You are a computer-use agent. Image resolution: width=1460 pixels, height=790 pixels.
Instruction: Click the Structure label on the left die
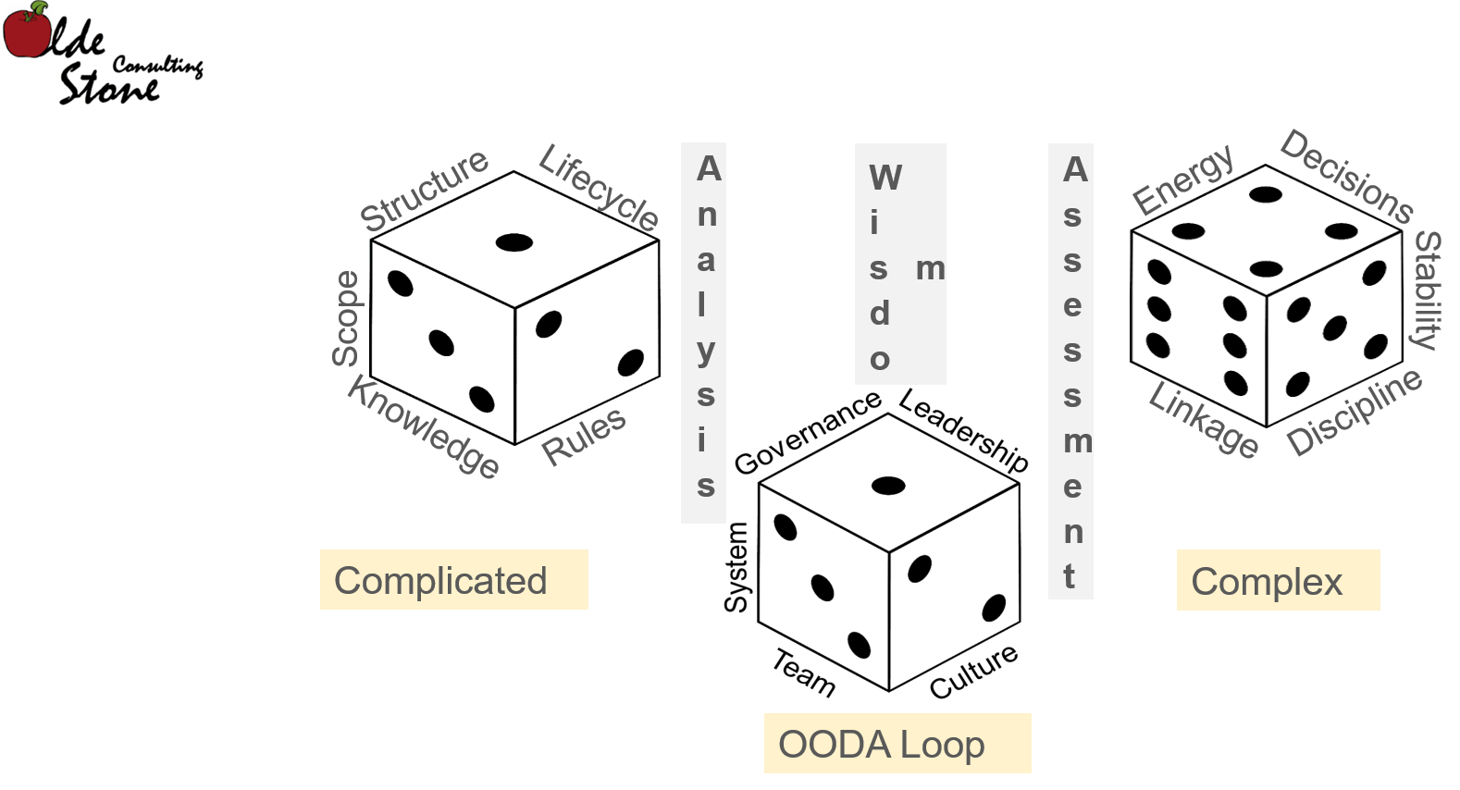pos(425,191)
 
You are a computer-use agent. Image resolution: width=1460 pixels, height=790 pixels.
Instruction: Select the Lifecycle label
pos(599,187)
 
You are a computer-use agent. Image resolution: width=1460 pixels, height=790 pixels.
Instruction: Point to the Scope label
pos(345,319)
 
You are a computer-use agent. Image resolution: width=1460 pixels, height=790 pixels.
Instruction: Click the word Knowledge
pos(423,427)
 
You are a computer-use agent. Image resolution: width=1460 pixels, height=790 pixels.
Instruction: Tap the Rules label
pos(584,436)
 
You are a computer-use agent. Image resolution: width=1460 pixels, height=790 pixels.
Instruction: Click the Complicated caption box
pos(454,579)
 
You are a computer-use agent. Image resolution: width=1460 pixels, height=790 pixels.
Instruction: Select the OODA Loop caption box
pos(897,744)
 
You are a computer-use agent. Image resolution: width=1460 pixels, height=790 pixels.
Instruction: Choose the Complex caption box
pos(1278,580)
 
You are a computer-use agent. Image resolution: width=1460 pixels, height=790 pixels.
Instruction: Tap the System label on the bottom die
pos(736,567)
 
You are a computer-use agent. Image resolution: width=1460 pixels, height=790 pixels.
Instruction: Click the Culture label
pos(973,671)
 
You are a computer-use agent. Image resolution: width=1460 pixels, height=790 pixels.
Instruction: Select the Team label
pos(804,673)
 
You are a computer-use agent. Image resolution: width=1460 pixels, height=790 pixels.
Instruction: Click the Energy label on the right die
pos(1183,179)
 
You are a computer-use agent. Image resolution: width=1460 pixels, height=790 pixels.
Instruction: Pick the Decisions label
pos(1346,177)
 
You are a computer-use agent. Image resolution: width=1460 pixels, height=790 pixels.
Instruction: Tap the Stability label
pos(1428,290)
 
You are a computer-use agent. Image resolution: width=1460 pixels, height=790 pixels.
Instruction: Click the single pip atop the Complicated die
pos(514,242)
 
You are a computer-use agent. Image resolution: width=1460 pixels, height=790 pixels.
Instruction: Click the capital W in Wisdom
pos(885,178)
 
